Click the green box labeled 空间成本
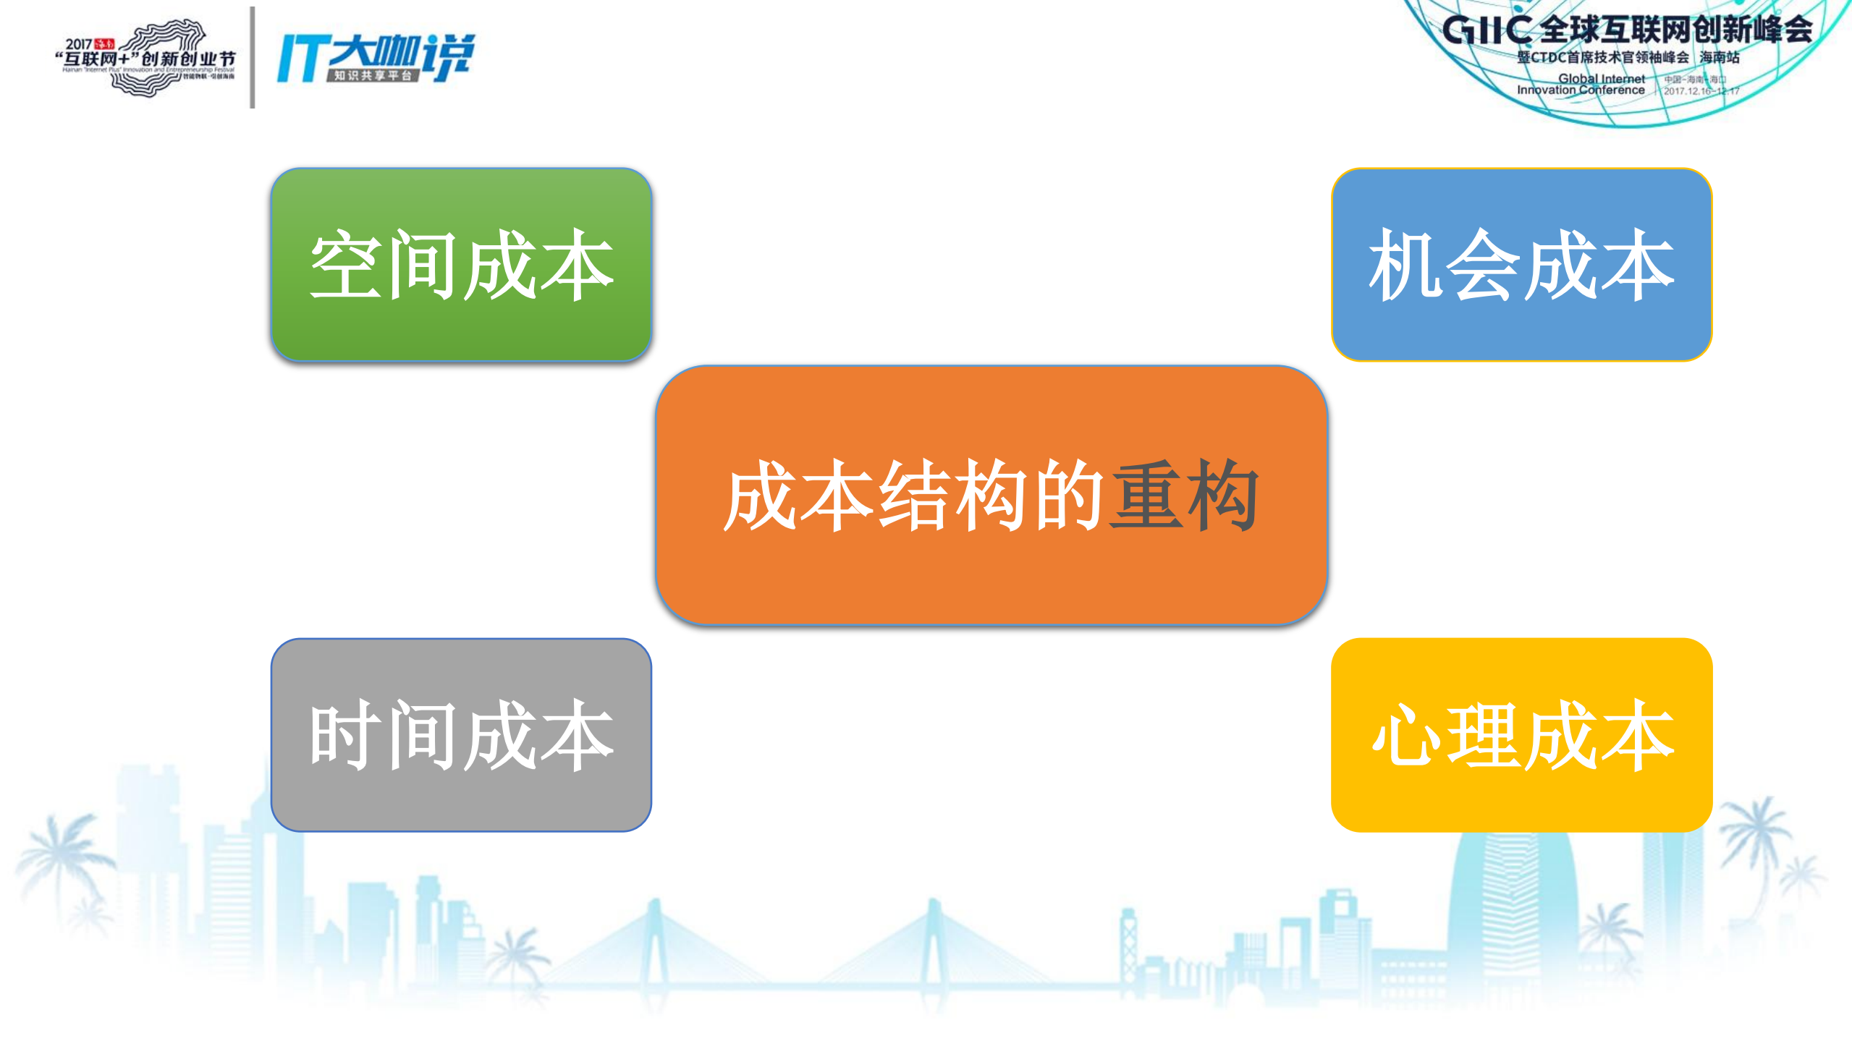click(x=461, y=265)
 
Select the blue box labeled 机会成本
click(x=1521, y=265)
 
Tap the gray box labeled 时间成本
click(x=461, y=734)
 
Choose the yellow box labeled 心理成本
click(x=1521, y=734)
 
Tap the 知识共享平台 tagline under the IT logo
click(x=373, y=76)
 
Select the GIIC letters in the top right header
click(x=1487, y=30)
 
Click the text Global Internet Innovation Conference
click(x=1581, y=85)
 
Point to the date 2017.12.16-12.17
click(x=1701, y=91)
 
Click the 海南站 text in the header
click(x=1719, y=57)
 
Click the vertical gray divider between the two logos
click(x=253, y=58)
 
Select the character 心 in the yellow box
click(x=1405, y=735)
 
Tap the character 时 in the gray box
click(x=345, y=735)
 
